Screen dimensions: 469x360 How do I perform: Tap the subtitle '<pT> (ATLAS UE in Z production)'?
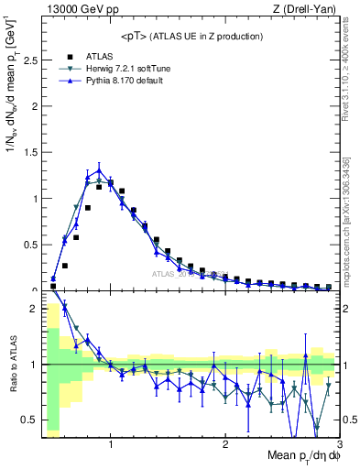(x=191, y=36)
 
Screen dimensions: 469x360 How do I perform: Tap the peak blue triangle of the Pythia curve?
(x=99, y=170)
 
